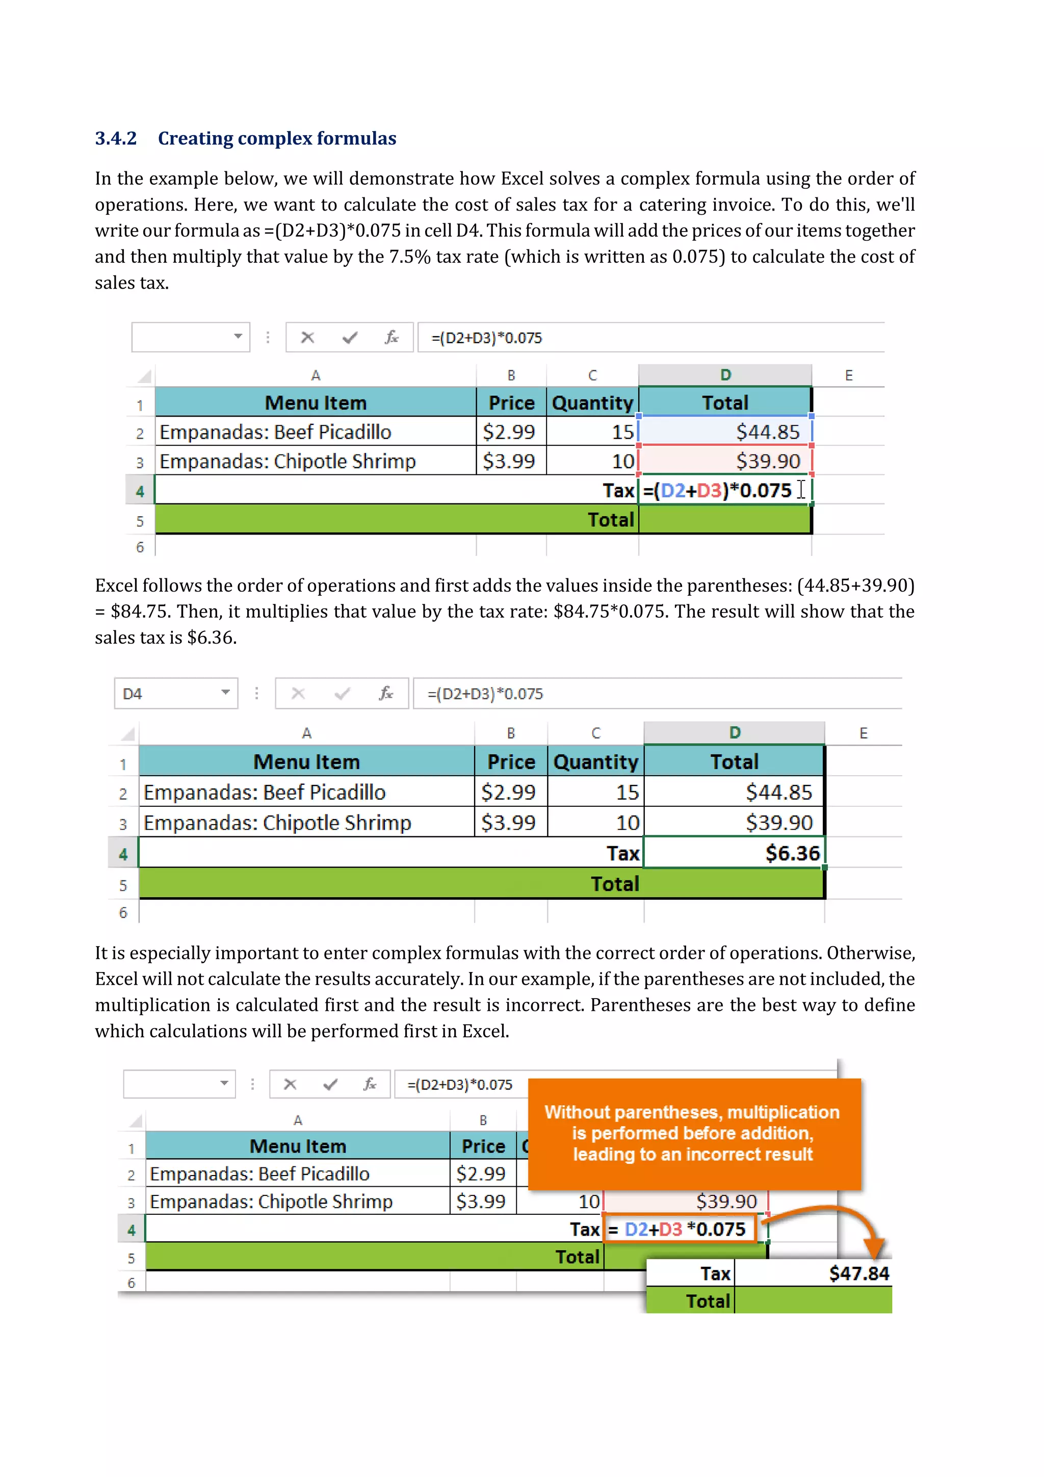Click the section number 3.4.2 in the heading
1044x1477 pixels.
tap(116, 138)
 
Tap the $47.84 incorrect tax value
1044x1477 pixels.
tap(858, 1273)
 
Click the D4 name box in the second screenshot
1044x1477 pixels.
tap(133, 694)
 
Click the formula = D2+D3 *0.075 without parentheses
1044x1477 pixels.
tap(677, 1229)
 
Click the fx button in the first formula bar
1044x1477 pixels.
tap(391, 337)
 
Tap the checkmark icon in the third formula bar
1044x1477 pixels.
tap(330, 1085)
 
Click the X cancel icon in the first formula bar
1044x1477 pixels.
tap(307, 337)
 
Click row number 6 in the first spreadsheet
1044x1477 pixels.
tap(140, 547)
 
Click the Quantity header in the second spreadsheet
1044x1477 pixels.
tap(595, 761)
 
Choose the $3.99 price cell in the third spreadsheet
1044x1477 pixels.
tap(481, 1201)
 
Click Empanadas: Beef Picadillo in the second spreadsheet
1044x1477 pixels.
tap(264, 792)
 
